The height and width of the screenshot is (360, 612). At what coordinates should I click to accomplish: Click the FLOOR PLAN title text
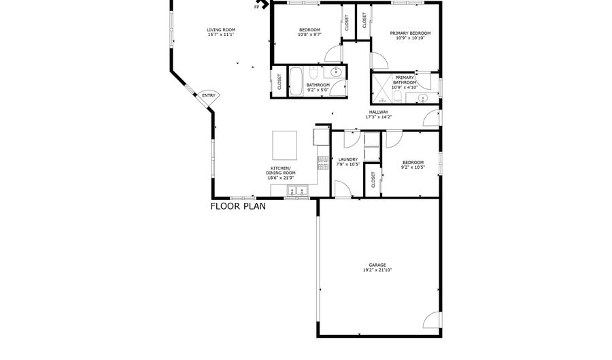click(238, 206)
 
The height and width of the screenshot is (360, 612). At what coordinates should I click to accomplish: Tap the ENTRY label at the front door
click(209, 96)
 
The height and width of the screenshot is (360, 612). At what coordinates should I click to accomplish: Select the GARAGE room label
click(377, 265)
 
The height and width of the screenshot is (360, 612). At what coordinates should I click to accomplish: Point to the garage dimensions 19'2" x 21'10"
click(377, 269)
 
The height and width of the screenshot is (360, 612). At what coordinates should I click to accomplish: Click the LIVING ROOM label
click(221, 30)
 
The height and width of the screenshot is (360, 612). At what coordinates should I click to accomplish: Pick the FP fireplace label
click(257, 7)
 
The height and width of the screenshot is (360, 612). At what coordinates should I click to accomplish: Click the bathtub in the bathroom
click(296, 81)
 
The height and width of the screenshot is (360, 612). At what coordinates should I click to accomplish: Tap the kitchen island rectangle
click(284, 145)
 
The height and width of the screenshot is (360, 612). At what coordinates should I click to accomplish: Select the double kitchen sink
click(297, 191)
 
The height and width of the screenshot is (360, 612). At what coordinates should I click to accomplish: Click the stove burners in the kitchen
click(323, 163)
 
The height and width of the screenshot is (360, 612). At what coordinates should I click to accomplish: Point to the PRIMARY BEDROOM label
click(410, 33)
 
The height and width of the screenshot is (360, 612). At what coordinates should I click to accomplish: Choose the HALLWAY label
click(379, 112)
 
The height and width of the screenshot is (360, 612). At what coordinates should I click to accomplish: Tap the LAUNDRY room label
click(347, 160)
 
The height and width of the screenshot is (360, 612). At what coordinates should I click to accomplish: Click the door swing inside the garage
click(432, 320)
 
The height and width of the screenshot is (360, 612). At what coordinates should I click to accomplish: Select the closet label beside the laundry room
click(373, 180)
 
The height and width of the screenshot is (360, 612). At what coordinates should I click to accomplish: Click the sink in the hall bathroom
click(336, 72)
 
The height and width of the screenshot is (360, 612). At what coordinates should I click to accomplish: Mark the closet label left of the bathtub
click(279, 82)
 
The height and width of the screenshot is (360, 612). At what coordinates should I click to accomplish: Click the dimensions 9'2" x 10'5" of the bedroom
click(413, 167)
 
